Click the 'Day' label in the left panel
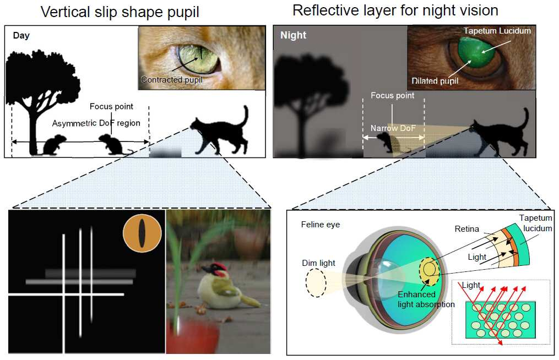click(x=21, y=35)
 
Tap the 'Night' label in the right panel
click(x=293, y=35)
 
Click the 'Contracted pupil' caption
click(x=171, y=79)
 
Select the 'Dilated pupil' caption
click(x=435, y=81)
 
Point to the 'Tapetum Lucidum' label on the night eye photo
click(x=497, y=31)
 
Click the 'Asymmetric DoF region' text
click(x=96, y=123)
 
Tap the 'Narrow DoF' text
click(x=393, y=128)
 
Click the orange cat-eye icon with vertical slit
click(x=142, y=233)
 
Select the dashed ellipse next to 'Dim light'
click(x=316, y=282)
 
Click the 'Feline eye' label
click(x=320, y=225)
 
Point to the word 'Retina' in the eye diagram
click(x=466, y=229)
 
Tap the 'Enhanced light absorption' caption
click(x=426, y=299)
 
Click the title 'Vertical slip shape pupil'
click(x=120, y=12)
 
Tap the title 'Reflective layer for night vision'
click(x=395, y=10)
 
